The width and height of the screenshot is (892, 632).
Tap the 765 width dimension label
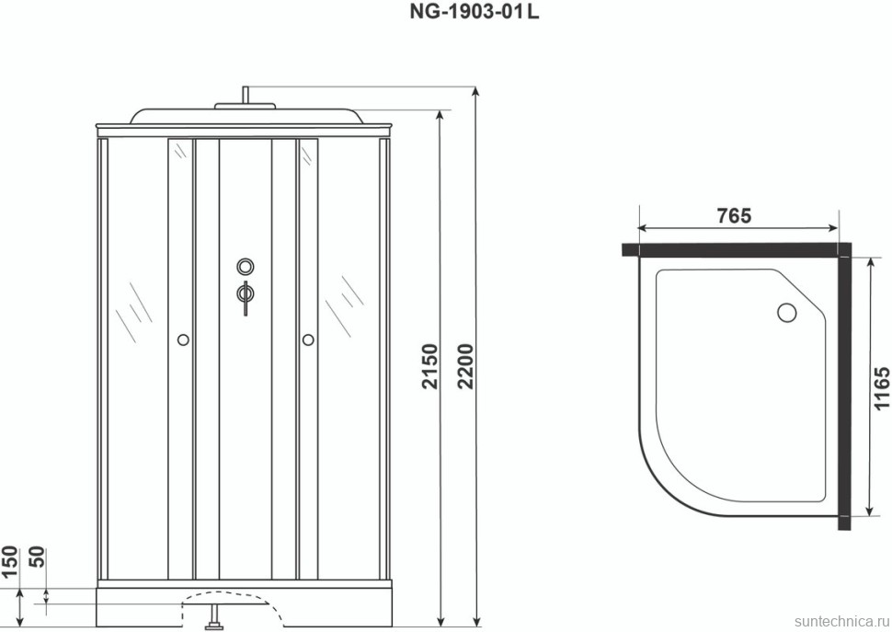[734, 216]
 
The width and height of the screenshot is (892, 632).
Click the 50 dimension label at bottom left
[39, 558]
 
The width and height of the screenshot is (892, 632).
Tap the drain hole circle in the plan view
[787, 312]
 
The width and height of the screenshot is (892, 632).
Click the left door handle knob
[182, 340]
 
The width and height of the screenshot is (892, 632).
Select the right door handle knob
[308, 340]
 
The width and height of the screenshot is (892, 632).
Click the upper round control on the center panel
[246, 267]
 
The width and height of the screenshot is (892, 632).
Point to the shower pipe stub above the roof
[246, 95]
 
